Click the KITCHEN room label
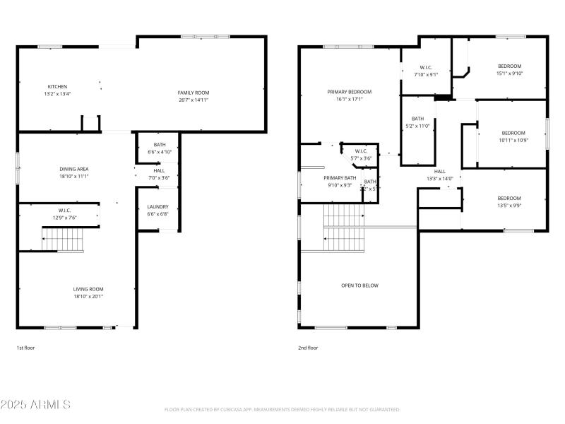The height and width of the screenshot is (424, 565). point(58,86)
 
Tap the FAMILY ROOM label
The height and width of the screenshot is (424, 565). point(193,93)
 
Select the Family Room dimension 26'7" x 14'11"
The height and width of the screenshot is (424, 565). point(193,100)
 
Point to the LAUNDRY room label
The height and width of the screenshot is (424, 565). point(157,207)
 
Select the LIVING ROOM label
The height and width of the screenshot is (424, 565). point(88,288)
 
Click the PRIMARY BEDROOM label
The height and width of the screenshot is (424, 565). point(349,92)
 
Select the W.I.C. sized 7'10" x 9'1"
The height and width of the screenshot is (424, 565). point(426,70)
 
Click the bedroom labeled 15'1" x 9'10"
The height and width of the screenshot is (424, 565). point(509,69)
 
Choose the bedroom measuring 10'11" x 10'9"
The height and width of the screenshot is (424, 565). point(513,136)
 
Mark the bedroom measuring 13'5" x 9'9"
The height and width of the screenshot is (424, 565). point(509,201)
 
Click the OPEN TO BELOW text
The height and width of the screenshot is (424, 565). point(359,285)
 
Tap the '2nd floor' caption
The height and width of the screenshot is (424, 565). point(308,348)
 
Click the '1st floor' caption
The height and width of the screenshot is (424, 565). point(26,348)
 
